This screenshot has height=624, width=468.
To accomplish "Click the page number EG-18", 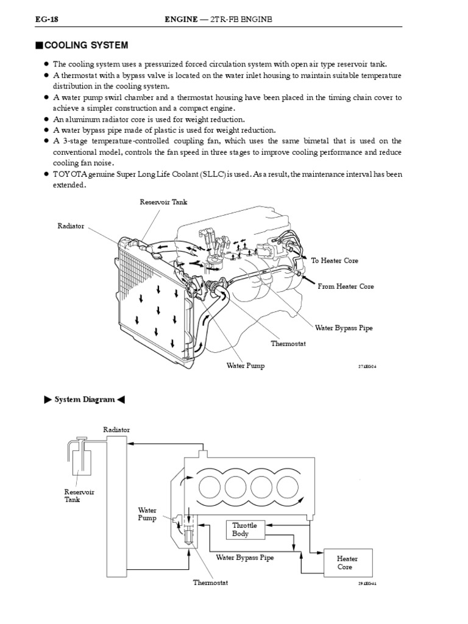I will (x=37, y=20).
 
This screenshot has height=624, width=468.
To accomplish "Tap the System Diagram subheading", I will (x=85, y=400).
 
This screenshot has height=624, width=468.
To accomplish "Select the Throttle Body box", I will (x=245, y=529).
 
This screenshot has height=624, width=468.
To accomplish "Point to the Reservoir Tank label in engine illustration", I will (x=160, y=202).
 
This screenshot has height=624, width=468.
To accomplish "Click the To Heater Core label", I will (x=335, y=261).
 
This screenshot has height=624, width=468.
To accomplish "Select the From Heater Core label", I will (x=346, y=286).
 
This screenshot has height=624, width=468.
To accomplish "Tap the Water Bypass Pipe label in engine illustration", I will (x=344, y=328).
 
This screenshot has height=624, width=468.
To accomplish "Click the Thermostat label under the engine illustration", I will (x=288, y=344).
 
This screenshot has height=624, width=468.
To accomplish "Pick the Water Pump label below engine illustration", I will (x=246, y=366).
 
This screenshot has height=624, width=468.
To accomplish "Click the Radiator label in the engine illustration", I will (x=71, y=226).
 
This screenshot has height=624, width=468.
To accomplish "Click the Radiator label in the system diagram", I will (x=116, y=430).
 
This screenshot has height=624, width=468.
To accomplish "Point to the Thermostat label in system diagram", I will (x=210, y=583).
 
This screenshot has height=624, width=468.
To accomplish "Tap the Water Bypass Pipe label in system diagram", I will (x=245, y=556).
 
